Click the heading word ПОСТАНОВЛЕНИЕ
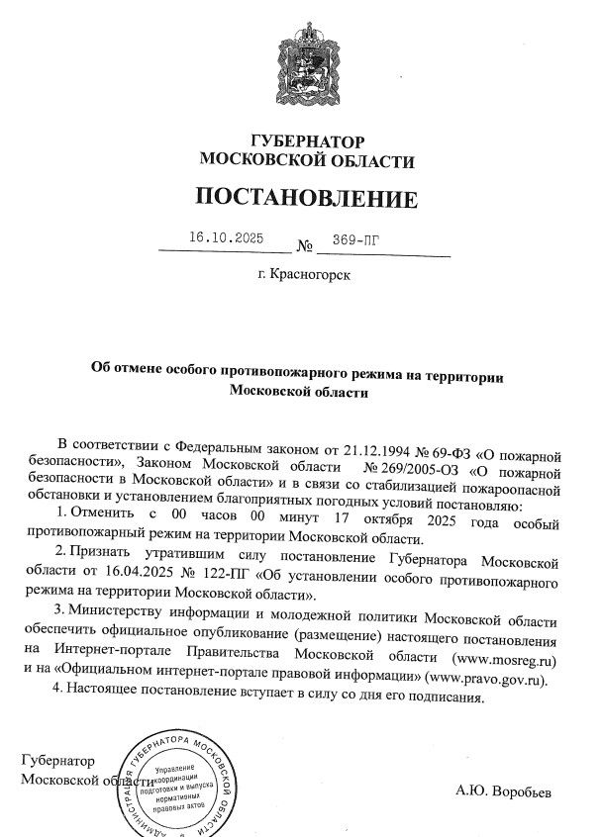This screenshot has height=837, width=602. pyautogui.click(x=305, y=198)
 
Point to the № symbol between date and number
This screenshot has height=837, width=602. pyautogui.click(x=305, y=245)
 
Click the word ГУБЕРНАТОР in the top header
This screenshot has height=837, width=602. pyautogui.click(x=305, y=141)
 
